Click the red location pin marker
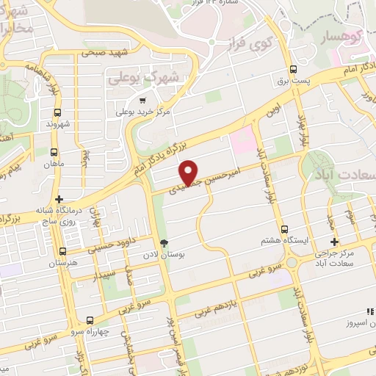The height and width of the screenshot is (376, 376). [189, 172]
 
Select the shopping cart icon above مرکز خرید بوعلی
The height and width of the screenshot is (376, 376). [142, 101]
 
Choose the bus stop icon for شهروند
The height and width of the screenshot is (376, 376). [57, 112]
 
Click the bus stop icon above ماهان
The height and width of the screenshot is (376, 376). [54, 153]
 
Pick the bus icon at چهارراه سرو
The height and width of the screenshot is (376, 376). [90, 320]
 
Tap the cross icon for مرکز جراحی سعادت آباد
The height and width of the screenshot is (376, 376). [334, 242]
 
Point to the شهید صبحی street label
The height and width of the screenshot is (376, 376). [105, 53]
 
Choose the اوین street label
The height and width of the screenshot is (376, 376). [275, 112]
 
